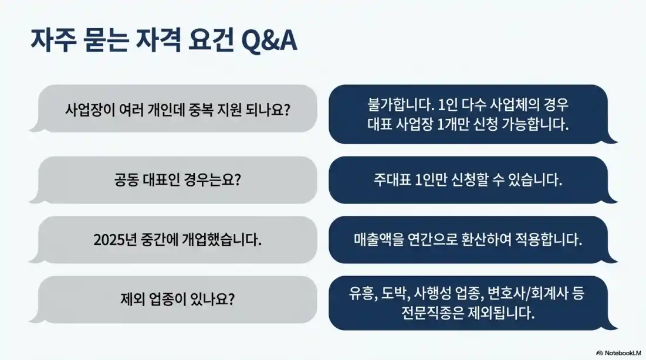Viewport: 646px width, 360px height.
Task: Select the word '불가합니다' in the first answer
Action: pyautogui.click(x=397, y=106)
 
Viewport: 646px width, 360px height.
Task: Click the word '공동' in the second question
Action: pyautogui.click(x=126, y=180)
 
